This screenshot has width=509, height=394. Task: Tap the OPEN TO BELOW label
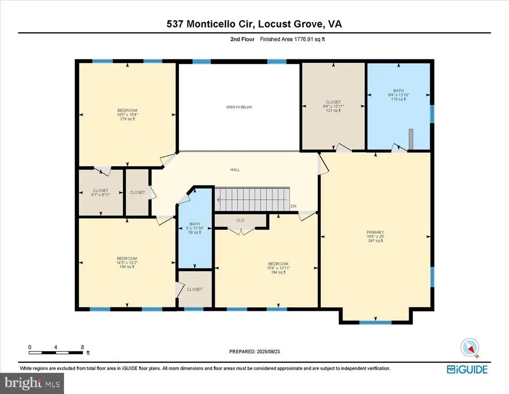tap(235, 107)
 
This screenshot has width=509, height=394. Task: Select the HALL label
tap(235, 170)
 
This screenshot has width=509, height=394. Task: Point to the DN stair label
tap(293, 206)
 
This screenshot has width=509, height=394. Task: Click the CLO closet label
tap(240, 220)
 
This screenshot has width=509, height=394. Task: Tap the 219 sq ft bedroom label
tap(127, 115)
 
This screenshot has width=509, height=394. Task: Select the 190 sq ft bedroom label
tap(127, 263)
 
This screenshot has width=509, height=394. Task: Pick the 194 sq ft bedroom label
tap(278, 268)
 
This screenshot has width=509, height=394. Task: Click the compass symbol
tap(469, 347)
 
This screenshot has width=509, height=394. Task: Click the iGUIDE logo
tap(467, 369)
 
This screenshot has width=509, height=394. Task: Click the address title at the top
tap(254, 23)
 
